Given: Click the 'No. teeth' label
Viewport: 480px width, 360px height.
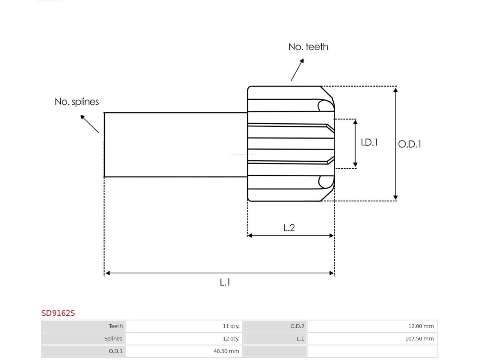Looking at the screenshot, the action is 308,47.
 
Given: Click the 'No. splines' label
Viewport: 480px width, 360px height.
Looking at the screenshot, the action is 76,102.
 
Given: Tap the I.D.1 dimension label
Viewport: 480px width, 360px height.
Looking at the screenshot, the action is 369,142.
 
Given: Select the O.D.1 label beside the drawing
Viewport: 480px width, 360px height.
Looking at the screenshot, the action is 409,144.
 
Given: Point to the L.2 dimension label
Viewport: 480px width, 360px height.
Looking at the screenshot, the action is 289,228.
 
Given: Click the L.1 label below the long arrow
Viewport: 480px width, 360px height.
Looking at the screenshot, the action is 225,282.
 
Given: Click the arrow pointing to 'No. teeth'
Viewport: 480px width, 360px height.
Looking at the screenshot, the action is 297,70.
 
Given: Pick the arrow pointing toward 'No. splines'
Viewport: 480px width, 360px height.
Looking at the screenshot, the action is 90,124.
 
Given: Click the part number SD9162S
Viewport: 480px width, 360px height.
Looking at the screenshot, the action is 58,313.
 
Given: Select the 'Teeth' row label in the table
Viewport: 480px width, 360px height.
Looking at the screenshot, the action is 115,326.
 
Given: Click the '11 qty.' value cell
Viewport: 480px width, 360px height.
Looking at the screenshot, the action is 231,326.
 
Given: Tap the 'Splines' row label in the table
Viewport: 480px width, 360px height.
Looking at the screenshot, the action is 113,339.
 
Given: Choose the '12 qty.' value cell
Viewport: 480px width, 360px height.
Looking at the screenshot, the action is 231,339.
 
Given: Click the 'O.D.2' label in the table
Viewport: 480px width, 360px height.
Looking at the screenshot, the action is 297,326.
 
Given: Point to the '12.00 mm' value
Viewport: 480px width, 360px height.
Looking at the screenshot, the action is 421,326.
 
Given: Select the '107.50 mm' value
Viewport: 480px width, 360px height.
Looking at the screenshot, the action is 419,339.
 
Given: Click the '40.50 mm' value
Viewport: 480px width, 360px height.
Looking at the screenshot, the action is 226,351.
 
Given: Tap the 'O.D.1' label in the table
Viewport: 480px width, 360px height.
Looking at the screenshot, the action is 115,351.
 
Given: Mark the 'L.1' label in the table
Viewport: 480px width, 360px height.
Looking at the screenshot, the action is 300,339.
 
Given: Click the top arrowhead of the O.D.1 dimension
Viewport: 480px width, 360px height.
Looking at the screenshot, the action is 395,90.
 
